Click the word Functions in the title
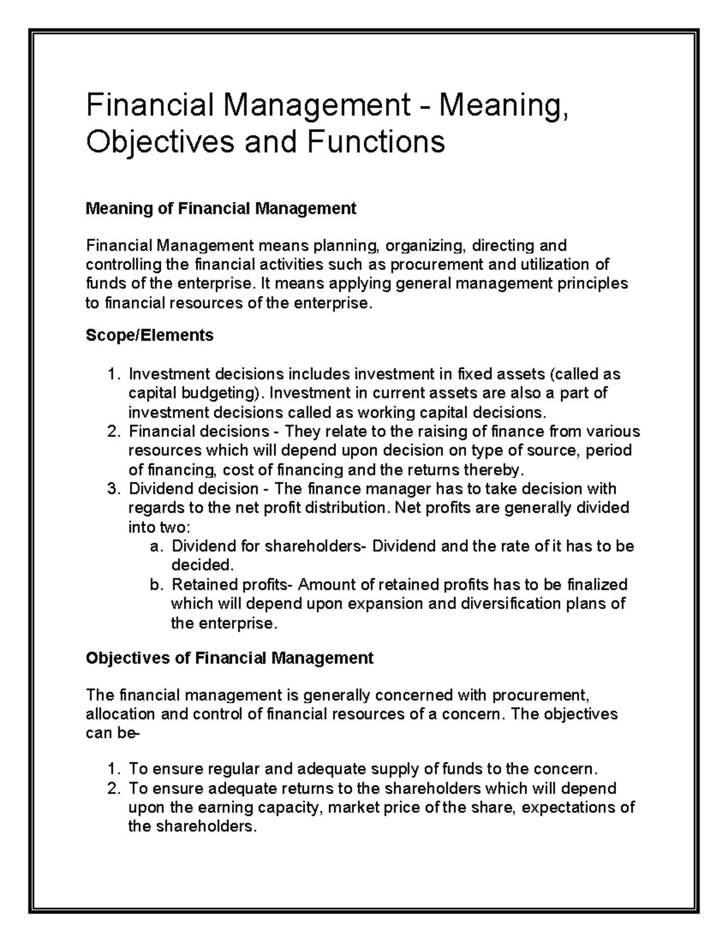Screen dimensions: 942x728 pyautogui.click(x=376, y=143)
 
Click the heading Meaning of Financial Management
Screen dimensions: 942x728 pyautogui.click(x=221, y=209)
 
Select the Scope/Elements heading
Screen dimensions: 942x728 pyautogui.click(x=149, y=335)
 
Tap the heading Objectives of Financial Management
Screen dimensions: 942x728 pyautogui.click(x=229, y=658)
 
